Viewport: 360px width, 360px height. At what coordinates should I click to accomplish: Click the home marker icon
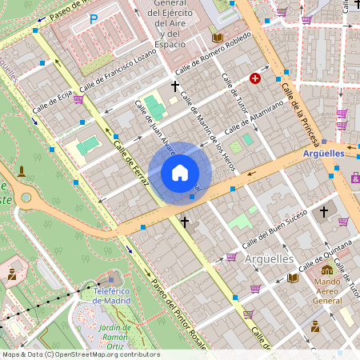coord(180,173)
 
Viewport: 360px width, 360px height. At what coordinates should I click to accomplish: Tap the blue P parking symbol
coord(94,19)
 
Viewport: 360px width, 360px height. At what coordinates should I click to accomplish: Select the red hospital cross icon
coord(255,78)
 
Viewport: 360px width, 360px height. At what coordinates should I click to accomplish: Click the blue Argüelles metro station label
coord(323,153)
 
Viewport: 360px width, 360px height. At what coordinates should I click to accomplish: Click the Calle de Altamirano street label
coord(255,118)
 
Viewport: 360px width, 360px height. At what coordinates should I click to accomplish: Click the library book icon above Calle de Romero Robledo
coord(217,37)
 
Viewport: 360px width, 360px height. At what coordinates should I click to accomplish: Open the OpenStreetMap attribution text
coord(81,354)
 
